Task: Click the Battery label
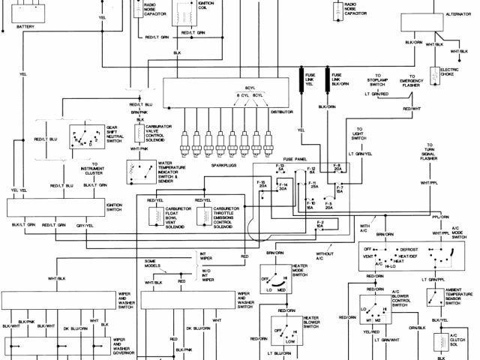[x=24, y=26]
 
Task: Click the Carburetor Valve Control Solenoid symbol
[x=139, y=133]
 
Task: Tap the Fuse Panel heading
[x=295, y=160]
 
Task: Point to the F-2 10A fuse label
[x=320, y=224]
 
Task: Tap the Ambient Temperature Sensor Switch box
[x=433, y=298]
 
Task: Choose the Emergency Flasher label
[x=410, y=82]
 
